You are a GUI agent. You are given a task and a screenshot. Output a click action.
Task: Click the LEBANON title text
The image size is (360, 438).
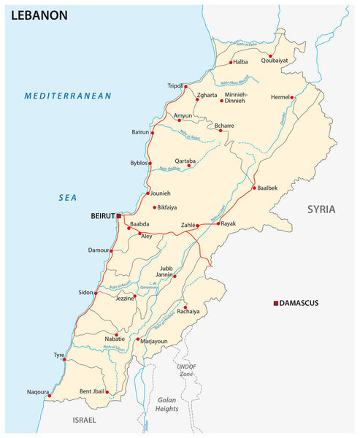(x=39, y=15)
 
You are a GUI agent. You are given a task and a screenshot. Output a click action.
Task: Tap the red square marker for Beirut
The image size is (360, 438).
(x=119, y=216)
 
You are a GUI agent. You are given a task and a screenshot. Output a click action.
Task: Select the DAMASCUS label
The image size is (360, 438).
(x=305, y=303)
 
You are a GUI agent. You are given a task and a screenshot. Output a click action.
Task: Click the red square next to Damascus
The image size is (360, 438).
(x=275, y=303)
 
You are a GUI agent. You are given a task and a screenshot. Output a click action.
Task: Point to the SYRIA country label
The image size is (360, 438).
(x=321, y=209)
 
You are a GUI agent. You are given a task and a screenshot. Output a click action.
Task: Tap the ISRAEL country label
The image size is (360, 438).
(x=84, y=421)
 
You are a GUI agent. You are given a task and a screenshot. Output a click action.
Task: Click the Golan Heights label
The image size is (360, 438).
(x=168, y=404)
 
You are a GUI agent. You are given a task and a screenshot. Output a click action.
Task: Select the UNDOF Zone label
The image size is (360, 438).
(x=187, y=369)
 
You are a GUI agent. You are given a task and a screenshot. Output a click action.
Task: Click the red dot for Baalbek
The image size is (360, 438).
(x=254, y=188)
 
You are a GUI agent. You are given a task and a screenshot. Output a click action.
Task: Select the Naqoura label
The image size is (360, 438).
(x=38, y=392)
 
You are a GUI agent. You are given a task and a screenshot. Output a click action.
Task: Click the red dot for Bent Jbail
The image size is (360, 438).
(x=107, y=392)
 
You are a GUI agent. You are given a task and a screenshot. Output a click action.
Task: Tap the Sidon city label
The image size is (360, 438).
(x=86, y=292)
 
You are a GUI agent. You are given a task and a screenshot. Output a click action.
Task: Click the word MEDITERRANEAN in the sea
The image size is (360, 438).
(x=67, y=96)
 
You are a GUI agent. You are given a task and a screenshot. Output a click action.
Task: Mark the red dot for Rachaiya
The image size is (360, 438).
(x=185, y=307)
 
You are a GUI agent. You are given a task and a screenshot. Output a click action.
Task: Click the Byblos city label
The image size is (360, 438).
(x=139, y=162)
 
